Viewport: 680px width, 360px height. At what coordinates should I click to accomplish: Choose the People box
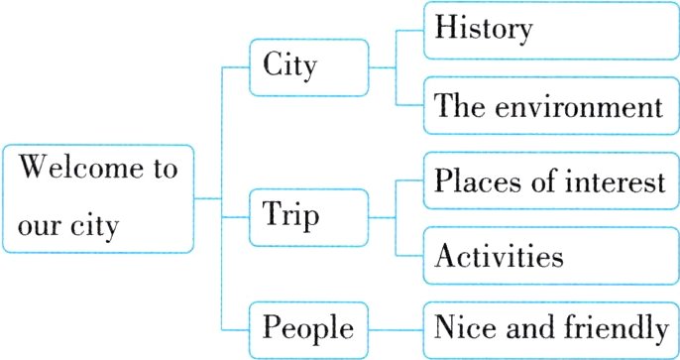(x=308, y=327)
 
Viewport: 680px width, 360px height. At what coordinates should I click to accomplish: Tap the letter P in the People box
(x=271, y=326)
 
